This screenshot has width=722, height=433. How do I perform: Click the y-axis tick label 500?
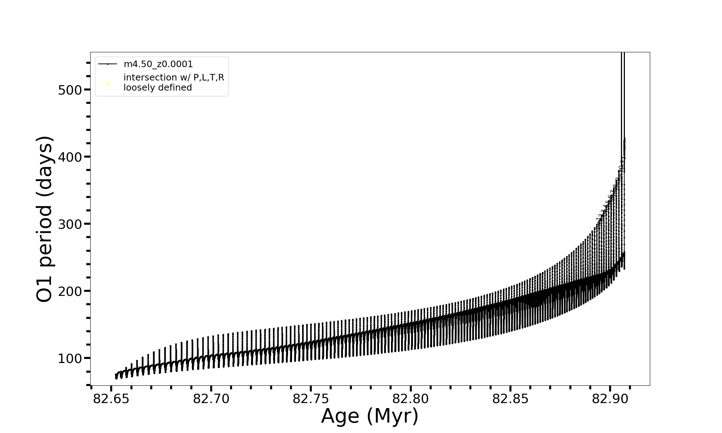point(70,90)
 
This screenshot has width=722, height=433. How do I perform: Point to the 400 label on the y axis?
point(70,157)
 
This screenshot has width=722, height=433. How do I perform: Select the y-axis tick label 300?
point(70,224)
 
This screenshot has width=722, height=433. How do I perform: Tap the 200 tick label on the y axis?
point(70,291)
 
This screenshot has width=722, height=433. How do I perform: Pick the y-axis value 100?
point(70,358)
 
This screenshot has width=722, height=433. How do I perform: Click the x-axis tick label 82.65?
point(111,399)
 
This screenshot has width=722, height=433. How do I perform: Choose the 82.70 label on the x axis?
point(211,399)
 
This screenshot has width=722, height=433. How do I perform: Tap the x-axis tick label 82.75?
point(311,399)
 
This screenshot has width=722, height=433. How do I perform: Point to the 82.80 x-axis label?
point(410,399)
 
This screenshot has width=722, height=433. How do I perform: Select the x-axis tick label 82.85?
point(510,399)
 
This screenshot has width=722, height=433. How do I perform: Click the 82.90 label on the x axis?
point(610,399)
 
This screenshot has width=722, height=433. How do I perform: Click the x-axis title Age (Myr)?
point(370,416)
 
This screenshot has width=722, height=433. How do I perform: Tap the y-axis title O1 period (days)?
point(45,219)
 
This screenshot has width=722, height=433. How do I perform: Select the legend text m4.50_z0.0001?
point(158,64)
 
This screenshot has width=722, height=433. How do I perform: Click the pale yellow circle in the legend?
point(108,84)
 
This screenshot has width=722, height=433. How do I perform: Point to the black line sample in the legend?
point(108,64)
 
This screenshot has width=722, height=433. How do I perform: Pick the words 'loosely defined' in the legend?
point(158,88)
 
